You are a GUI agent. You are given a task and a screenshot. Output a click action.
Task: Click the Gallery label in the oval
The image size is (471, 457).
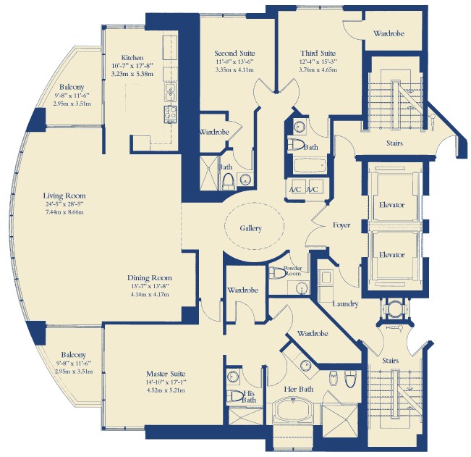coord(250,229)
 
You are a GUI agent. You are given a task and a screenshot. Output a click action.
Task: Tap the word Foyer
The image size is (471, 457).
coord(341,225)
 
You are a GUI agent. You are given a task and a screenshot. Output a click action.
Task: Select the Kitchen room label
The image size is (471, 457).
coord(132,57)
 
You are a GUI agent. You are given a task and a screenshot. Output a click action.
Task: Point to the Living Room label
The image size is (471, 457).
coord(64,196)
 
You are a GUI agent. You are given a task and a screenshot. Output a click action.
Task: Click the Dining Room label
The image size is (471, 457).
coord(150,278)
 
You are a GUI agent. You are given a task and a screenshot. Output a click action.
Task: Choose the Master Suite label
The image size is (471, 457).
coord(166,374)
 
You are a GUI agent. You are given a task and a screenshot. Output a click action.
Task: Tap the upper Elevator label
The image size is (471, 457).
coord(391,205)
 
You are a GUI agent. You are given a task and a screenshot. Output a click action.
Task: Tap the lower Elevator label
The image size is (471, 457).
coord(391,255)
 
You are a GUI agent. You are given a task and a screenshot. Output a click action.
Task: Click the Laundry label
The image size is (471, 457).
coord(345,304)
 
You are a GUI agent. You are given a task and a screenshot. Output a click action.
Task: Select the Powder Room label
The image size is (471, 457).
coord(292,271)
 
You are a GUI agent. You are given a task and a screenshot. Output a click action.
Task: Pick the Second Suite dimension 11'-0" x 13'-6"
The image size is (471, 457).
coord(234,62)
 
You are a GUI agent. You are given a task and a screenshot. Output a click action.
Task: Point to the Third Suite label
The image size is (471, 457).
coord(318,53)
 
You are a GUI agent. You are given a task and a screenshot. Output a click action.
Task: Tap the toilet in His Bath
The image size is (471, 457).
coord(235,396)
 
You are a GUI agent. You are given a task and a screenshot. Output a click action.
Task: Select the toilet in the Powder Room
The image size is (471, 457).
coord(277,273)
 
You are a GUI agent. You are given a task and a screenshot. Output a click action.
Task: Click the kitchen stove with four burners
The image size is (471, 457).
coord(170,114)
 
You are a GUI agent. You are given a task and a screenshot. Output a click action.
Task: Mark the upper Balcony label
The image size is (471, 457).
coord(72,87)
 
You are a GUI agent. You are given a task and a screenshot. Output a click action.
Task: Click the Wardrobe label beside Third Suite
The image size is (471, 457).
coord(389,33)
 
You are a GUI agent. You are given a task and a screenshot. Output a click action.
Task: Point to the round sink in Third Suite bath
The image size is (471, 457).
coord(299,127)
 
